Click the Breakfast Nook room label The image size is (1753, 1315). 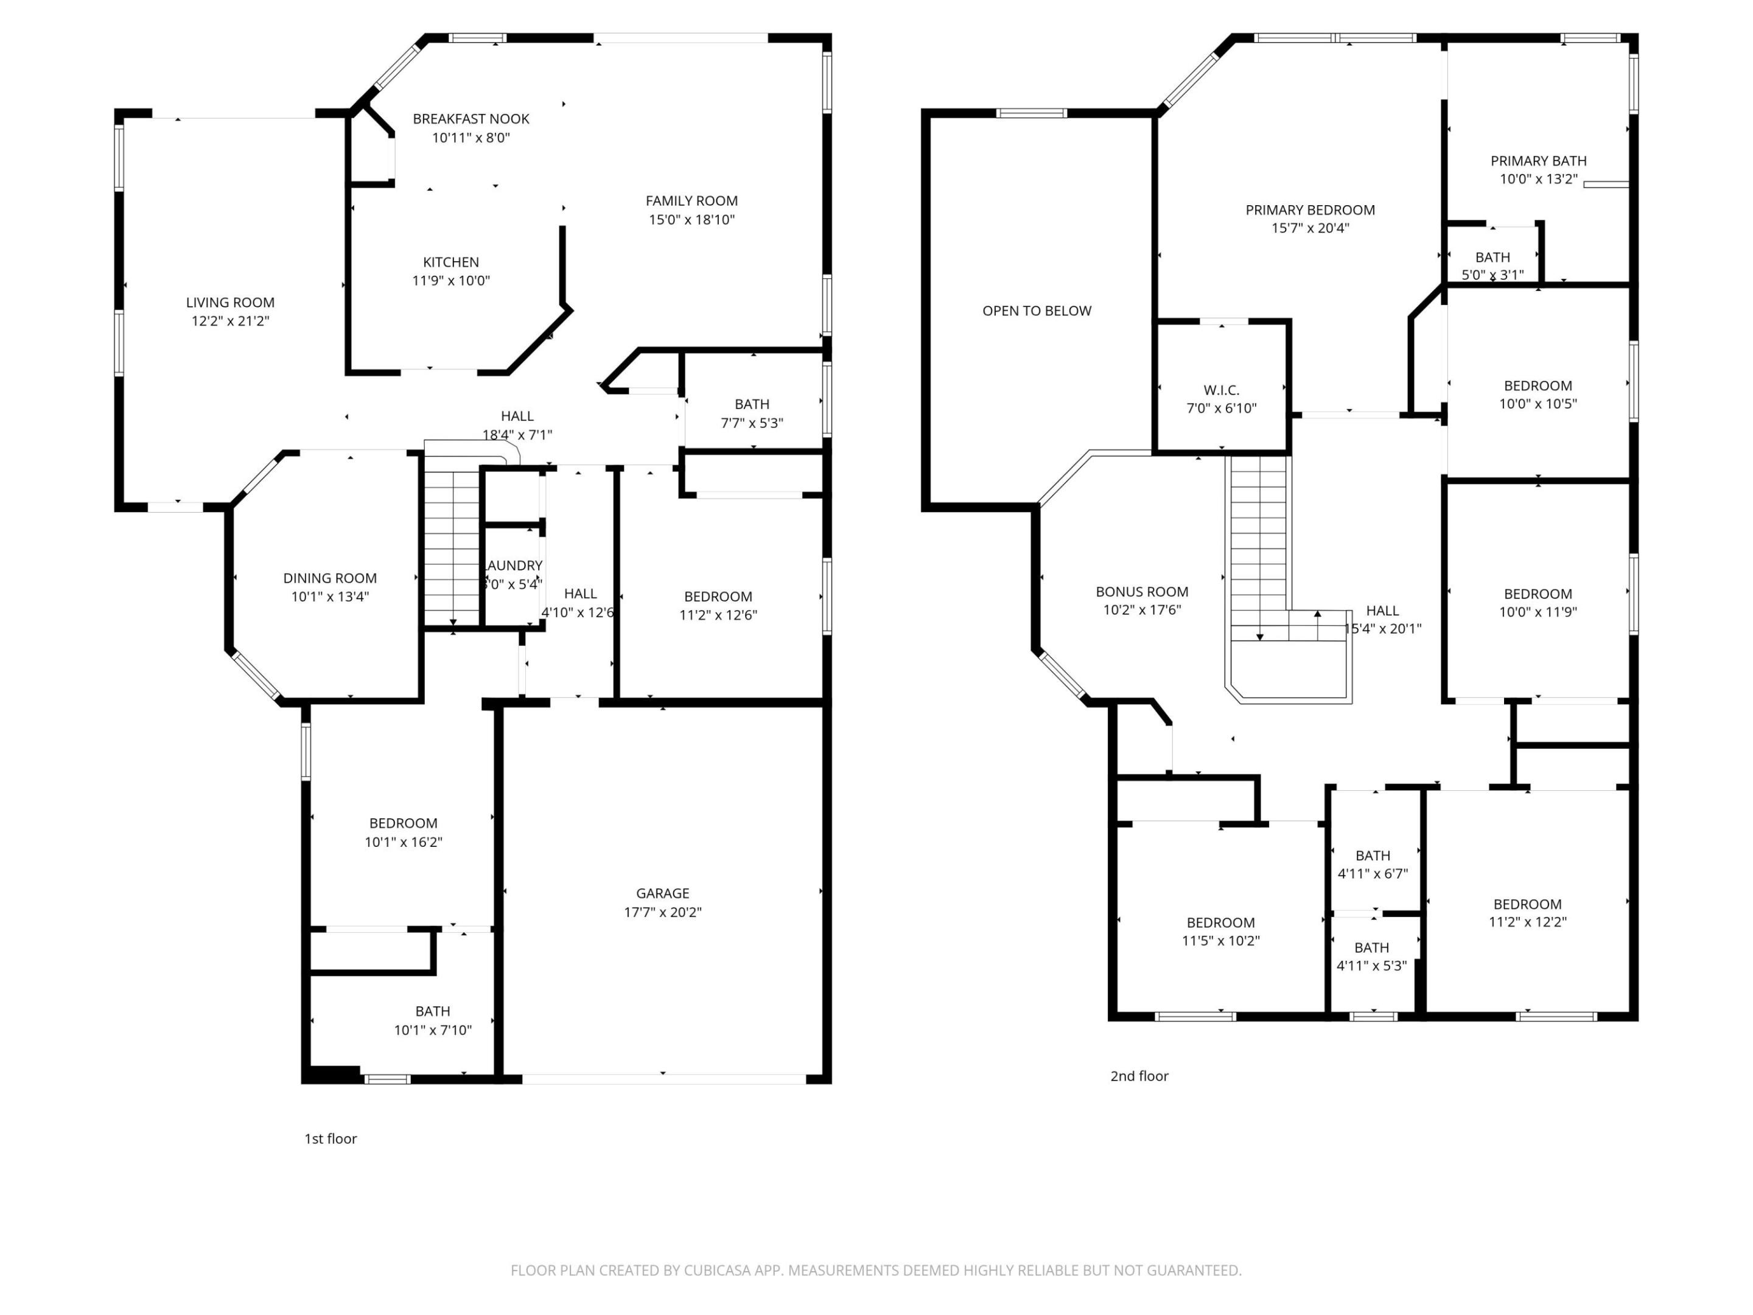click(x=471, y=119)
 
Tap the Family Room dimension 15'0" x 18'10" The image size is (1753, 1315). click(x=691, y=220)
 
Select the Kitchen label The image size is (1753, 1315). click(x=450, y=262)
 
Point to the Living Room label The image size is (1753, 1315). click(x=230, y=302)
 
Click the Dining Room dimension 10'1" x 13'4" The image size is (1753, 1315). click(x=330, y=597)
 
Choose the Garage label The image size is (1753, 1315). click(x=662, y=892)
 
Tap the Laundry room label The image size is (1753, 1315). click(x=514, y=565)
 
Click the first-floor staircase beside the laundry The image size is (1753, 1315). click(x=452, y=547)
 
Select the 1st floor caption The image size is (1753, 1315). click(x=331, y=1138)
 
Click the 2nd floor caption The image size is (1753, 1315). click(x=1139, y=1076)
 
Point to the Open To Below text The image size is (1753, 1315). click(x=1037, y=310)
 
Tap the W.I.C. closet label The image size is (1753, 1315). click(x=1221, y=390)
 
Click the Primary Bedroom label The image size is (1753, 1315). click(x=1310, y=210)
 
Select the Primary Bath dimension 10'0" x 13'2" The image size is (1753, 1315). click(x=1538, y=179)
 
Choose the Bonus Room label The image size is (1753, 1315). click(x=1141, y=591)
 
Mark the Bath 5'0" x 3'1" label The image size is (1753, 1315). click(x=1492, y=258)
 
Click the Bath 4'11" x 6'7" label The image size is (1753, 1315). click(x=1373, y=855)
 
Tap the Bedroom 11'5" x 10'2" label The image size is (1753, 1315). click(x=1220, y=923)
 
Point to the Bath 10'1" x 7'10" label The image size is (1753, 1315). click(x=433, y=1011)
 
